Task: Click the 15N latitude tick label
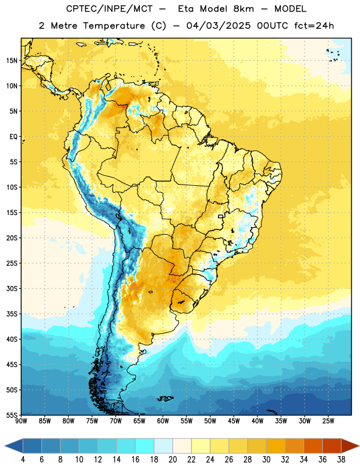point(12,61)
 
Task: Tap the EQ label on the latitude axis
point(13,137)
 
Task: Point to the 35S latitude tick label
point(12,314)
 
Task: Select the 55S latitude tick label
point(12,415)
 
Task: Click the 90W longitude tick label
point(21,421)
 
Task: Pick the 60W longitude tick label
point(163,421)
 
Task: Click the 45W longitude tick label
point(234,421)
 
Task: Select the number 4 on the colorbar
point(23,460)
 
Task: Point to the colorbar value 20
point(172,460)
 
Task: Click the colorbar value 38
point(341,460)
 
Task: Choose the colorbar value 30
point(266,460)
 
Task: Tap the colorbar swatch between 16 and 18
point(145,446)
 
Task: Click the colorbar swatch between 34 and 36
point(313,446)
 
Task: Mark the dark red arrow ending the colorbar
point(350,446)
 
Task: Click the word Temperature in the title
point(114,26)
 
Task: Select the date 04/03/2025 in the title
point(218,26)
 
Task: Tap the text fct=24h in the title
point(314,26)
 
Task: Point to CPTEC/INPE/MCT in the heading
point(109,9)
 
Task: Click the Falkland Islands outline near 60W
point(165,398)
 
